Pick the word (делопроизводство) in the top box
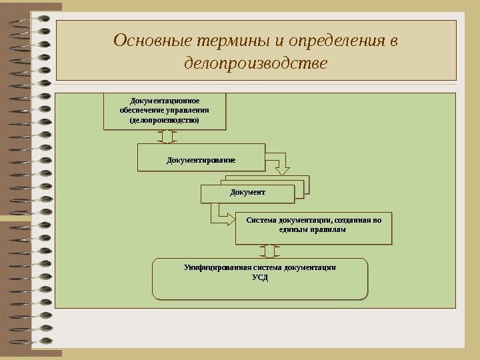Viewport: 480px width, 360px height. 165,120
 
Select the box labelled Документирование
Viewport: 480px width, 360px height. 201,159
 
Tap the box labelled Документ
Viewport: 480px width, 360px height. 247,193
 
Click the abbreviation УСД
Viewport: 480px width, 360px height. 259,277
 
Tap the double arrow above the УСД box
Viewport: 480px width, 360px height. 268,251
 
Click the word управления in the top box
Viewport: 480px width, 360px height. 189,111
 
